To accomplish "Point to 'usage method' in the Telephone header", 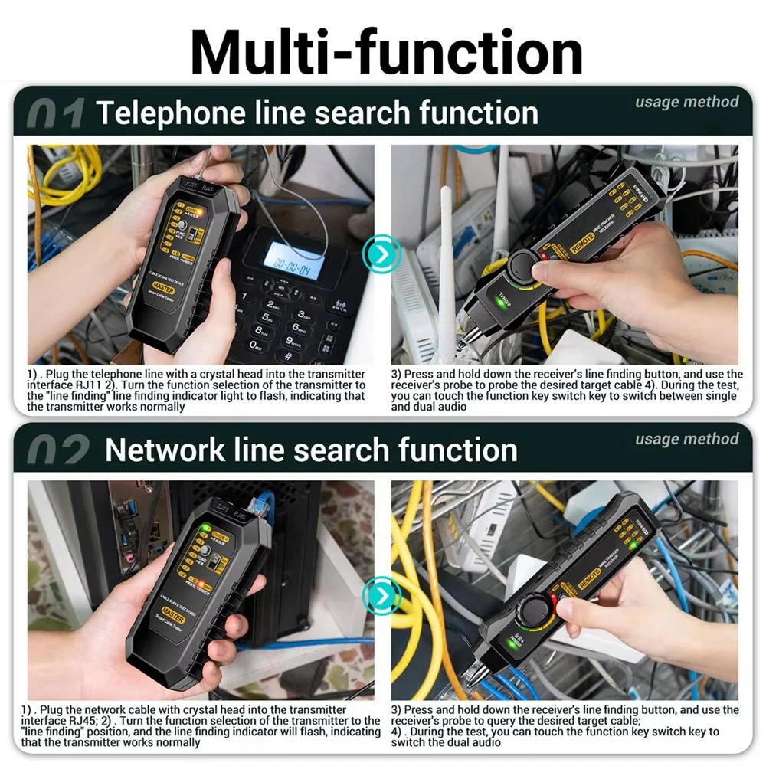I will click(686, 102).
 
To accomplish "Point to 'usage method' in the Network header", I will click(686, 439).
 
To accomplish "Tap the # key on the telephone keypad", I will click(289, 356).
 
